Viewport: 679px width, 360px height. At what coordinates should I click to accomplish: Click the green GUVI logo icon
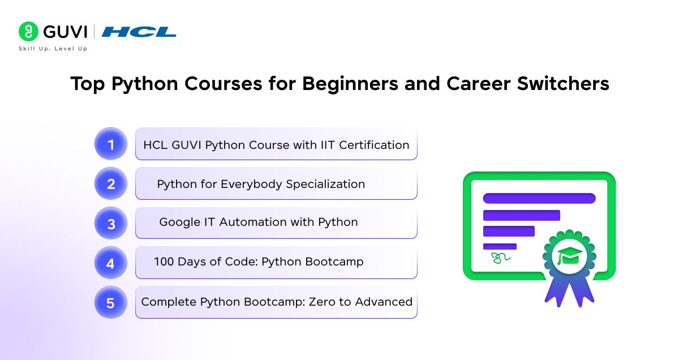click(28, 32)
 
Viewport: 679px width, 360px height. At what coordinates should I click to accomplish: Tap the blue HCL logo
click(139, 32)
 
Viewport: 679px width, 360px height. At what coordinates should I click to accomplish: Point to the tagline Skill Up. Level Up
click(53, 49)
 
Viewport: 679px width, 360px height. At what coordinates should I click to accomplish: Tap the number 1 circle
click(111, 144)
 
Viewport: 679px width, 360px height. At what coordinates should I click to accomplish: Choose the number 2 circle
click(111, 184)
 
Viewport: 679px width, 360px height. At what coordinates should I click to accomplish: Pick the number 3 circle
click(111, 224)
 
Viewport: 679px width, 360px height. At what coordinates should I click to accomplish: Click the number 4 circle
click(111, 263)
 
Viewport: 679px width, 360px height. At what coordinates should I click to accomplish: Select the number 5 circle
click(111, 303)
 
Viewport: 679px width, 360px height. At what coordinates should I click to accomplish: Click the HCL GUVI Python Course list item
click(276, 145)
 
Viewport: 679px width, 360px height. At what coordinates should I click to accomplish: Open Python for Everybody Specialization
click(261, 185)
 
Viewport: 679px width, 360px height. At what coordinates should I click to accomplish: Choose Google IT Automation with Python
click(259, 222)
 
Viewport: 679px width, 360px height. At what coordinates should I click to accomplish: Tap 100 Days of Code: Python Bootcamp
click(259, 262)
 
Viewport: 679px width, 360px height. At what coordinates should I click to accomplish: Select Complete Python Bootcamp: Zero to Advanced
click(276, 302)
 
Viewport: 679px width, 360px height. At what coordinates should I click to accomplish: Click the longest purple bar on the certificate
click(539, 198)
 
